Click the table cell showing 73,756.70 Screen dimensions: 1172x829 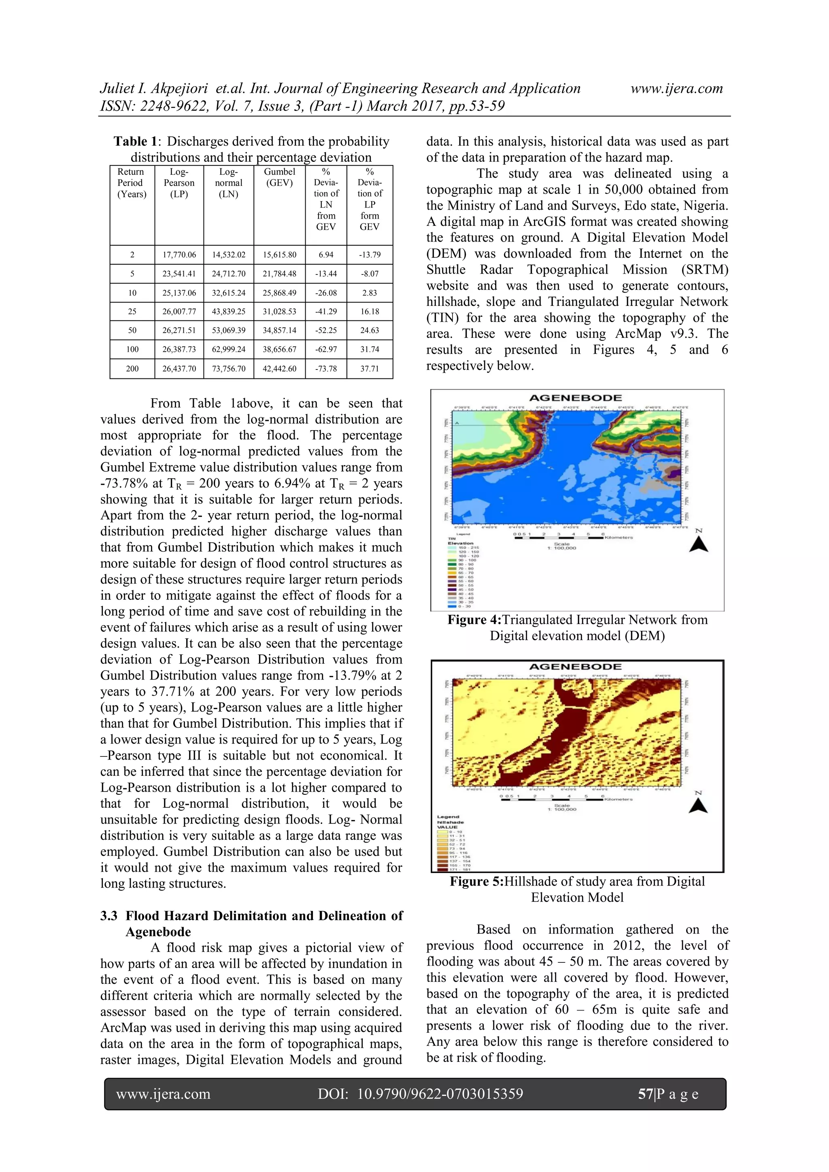point(229,369)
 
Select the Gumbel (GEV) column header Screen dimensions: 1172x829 point(279,177)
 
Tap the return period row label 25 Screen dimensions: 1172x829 point(132,311)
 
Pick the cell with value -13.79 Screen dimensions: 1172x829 point(370,255)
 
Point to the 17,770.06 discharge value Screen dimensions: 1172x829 point(179,255)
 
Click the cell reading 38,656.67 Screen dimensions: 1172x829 point(279,349)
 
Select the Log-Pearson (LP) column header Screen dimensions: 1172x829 point(179,183)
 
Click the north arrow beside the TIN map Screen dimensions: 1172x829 point(698,543)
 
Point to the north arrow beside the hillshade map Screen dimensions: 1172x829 point(698,804)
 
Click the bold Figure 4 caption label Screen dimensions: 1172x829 point(474,620)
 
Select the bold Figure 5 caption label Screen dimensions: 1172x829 point(476,881)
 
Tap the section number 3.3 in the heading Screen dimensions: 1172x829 point(109,916)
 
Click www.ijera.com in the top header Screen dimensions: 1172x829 point(676,88)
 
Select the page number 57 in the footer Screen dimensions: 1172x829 point(645,1094)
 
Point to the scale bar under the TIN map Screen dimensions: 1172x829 point(559,537)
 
